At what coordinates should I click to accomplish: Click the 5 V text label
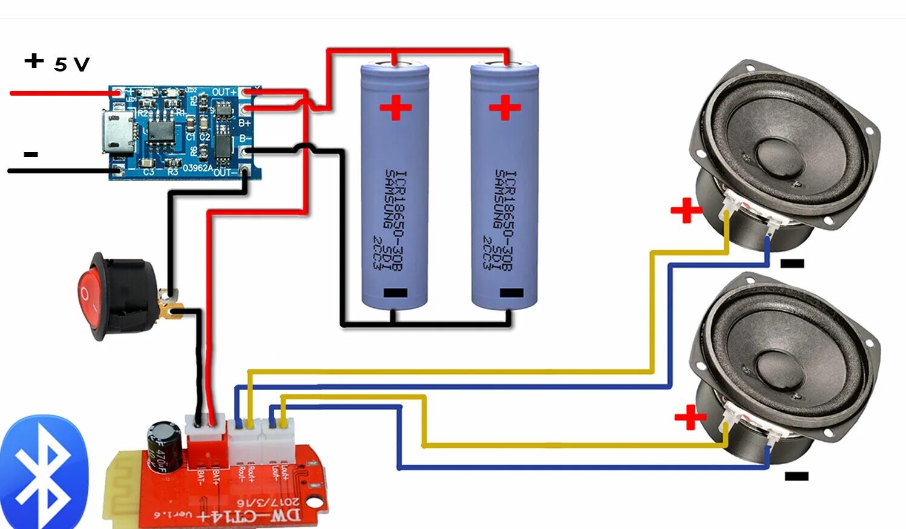click(x=71, y=64)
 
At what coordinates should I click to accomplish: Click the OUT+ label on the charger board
click(x=224, y=92)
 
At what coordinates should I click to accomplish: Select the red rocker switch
click(x=91, y=296)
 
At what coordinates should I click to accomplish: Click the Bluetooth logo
click(x=44, y=472)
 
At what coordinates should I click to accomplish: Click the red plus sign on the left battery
click(x=395, y=108)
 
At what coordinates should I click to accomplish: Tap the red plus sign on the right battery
click(x=505, y=108)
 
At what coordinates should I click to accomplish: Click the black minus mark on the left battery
click(x=395, y=293)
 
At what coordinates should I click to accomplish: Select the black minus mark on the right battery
click(x=511, y=293)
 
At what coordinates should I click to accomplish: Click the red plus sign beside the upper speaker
click(x=686, y=211)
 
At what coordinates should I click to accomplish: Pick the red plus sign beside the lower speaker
click(x=690, y=418)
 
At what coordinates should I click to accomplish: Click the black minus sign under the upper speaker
click(x=792, y=264)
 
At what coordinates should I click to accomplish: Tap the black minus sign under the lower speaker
click(x=796, y=476)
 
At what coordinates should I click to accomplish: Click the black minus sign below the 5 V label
click(x=31, y=155)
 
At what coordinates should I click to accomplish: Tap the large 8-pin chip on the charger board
click(x=160, y=130)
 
